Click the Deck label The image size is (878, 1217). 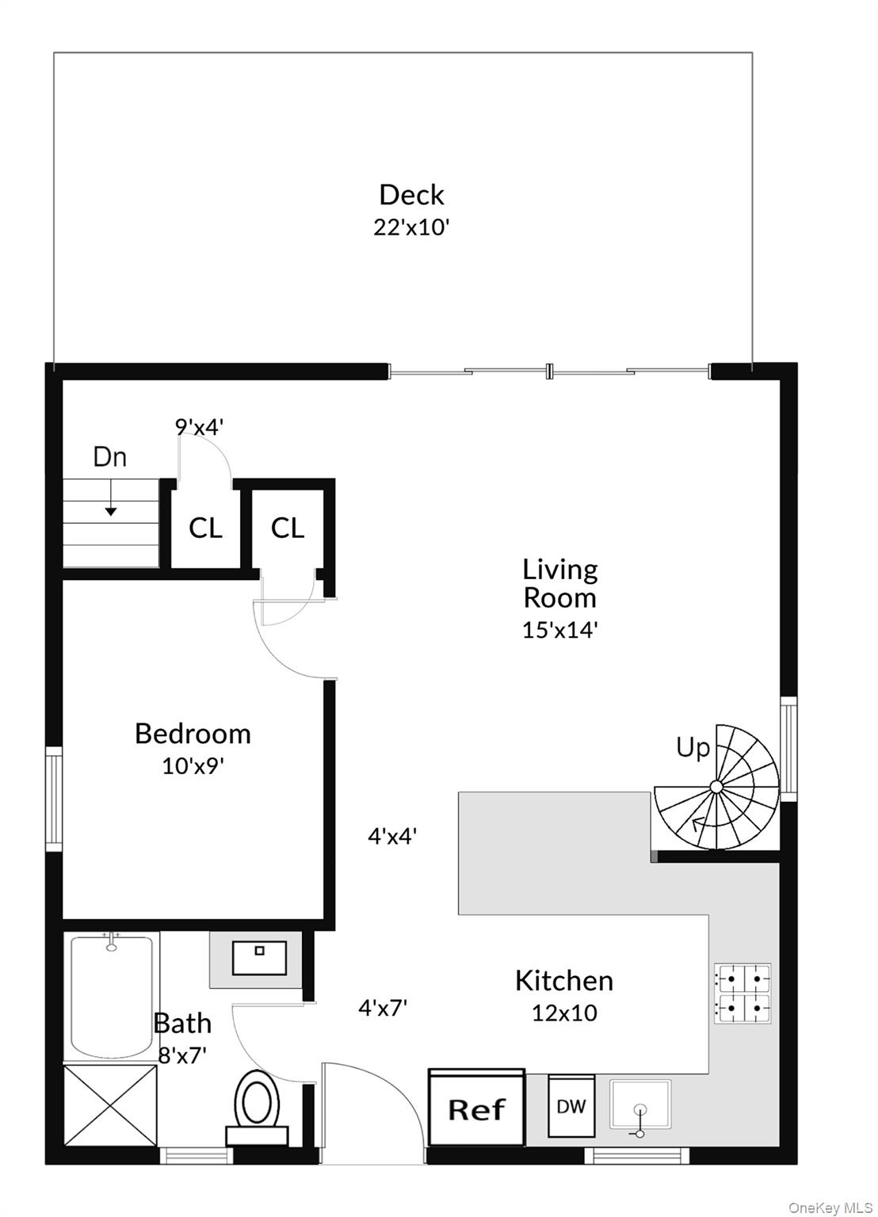coord(411,195)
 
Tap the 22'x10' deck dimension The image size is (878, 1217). coord(411,228)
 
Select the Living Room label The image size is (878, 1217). coord(559,582)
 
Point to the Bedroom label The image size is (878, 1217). coord(193,734)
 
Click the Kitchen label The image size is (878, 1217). coord(563,981)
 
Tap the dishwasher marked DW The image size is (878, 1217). coord(571,1106)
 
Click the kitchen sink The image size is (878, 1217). coord(639,1105)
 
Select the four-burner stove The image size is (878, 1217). coord(742,993)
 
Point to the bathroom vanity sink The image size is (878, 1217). coord(258,958)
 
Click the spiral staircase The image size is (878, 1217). coord(715,786)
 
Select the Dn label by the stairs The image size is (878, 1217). coord(109,457)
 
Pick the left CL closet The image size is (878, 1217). coord(205,528)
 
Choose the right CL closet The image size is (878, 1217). coord(288,528)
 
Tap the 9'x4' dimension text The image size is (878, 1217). coord(199,427)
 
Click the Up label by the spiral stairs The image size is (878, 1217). coord(693,747)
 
